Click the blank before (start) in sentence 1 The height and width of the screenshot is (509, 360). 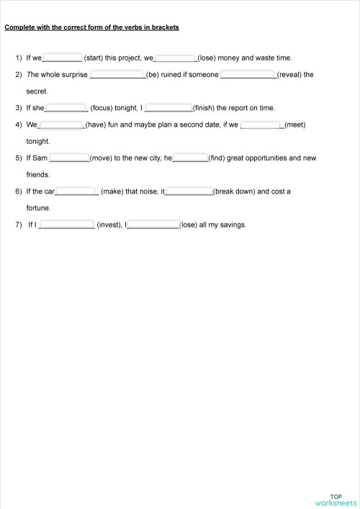point(63,58)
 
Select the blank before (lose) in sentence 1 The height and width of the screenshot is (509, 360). point(176,58)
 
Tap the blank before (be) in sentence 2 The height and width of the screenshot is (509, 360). point(117,74)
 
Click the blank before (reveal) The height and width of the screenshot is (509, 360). point(248,74)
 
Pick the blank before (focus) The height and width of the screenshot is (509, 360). point(66,108)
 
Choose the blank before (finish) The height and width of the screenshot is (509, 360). point(168,108)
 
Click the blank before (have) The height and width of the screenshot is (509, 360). point(61,125)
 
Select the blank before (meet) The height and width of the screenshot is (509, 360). point(261,125)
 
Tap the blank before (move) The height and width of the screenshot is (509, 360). point(68,158)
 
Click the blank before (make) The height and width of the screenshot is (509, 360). point(76,192)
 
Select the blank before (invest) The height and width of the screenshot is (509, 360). point(66,225)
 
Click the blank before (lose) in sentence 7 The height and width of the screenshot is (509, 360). point(153,225)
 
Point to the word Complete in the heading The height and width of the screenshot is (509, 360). point(19,28)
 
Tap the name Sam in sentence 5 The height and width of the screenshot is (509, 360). point(40,158)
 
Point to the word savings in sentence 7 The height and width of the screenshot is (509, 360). point(234,225)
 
